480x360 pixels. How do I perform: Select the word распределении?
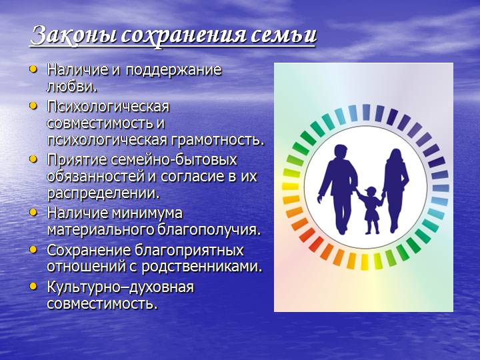click(103, 193)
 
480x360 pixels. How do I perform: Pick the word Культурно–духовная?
click(120, 287)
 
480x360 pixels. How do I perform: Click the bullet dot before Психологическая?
click(34, 105)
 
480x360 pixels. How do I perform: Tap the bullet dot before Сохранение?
click(34, 249)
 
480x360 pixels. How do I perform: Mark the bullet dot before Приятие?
click(34, 159)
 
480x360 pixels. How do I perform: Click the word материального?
click(91, 230)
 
